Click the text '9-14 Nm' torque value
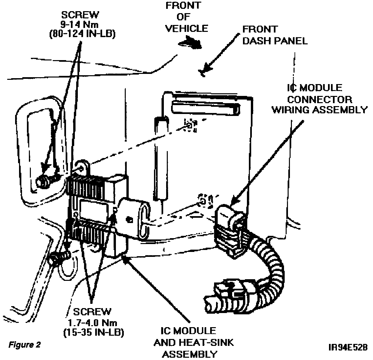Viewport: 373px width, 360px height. (80, 24)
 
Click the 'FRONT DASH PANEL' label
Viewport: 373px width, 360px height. (275, 35)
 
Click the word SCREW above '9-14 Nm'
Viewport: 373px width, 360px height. (80, 15)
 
